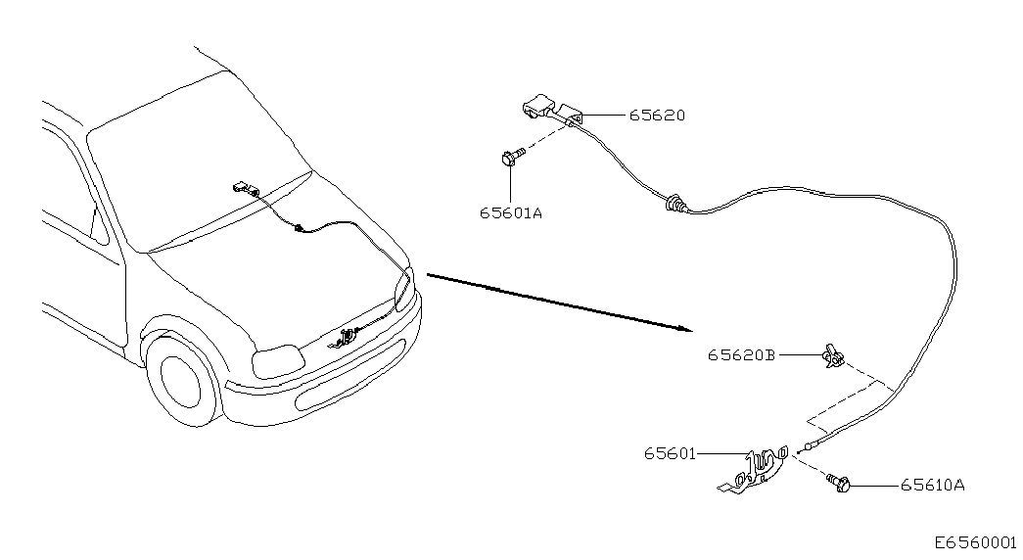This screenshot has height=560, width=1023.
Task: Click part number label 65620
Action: click(657, 116)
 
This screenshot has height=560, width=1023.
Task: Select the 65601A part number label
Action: click(511, 213)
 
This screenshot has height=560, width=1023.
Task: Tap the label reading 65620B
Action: click(742, 355)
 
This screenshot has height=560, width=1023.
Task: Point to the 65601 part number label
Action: click(670, 453)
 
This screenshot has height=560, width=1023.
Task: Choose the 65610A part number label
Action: click(932, 486)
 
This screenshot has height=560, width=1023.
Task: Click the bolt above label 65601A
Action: click(511, 157)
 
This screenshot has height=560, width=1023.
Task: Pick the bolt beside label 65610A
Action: click(839, 483)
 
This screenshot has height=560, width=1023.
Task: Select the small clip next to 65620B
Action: click(833, 355)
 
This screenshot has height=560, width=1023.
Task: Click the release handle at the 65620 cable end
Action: click(552, 109)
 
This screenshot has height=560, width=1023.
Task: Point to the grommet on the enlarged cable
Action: click(674, 205)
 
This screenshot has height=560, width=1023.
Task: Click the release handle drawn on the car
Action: click(245, 189)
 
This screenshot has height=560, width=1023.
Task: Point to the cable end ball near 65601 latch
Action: click(809, 447)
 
